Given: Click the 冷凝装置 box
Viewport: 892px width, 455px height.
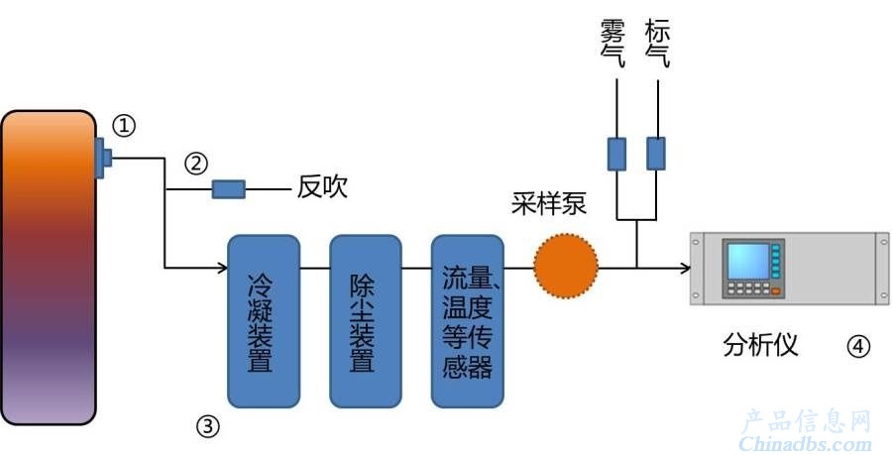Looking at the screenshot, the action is pyautogui.click(x=264, y=321).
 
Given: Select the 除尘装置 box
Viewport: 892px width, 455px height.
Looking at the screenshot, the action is pyautogui.click(x=365, y=321).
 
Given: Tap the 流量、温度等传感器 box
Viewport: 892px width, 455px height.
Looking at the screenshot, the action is pyautogui.click(x=467, y=321).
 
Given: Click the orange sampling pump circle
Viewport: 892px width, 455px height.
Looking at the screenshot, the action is pyautogui.click(x=566, y=266).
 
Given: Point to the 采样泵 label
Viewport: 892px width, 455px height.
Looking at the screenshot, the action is pyautogui.click(x=548, y=203).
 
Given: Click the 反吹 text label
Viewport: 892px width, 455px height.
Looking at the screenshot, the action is pyautogui.click(x=322, y=187).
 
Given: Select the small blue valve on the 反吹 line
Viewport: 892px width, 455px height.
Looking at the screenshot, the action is pyautogui.click(x=229, y=189).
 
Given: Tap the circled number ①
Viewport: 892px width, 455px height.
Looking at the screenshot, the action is pyautogui.click(x=124, y=126).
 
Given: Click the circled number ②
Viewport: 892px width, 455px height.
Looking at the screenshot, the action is pyautogui.click(x=196, y=164).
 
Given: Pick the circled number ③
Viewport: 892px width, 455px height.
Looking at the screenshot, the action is pyautogui.click(x=208, y=426).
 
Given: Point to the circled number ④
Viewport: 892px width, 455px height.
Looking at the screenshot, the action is pyautogui.click(x=858, y=346).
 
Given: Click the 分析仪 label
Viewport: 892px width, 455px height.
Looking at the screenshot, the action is pyautogui.click(x=760, y=345).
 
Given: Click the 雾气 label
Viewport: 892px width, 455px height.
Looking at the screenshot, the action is pyautogui.click(x=613, y=44).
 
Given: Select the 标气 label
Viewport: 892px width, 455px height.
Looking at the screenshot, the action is pyautogui.click(x=657, y=44).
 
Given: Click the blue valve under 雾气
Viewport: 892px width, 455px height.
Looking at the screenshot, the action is pyautogui.click(x=616, y=154).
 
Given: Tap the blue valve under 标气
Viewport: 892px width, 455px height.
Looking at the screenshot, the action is pyautogui.click(x=656, y=154).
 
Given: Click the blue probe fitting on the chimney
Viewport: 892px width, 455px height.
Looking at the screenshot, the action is pyautogui.click(x=103, y=158).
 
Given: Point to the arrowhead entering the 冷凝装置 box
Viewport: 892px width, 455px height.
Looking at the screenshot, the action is pyautogui.click(x=223, y=267).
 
